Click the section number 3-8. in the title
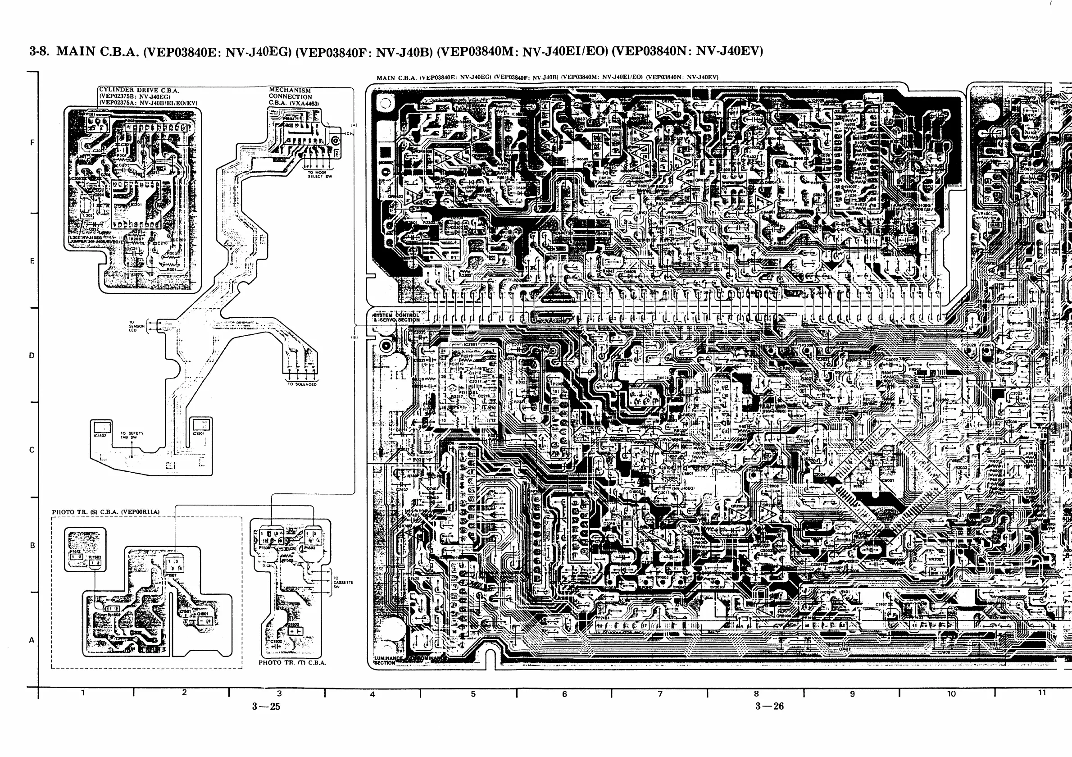click(39, 51)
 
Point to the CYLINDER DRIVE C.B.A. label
click(139, 90)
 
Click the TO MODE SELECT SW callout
click(319, 175)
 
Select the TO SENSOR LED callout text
click(133, 326)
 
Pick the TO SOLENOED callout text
click(302, 384)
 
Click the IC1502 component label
click(100, 435)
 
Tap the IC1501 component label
click(199, 433)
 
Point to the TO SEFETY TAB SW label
click(132, 435)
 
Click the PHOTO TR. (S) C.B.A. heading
click(105, 512)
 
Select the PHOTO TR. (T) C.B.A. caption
click(292, 662)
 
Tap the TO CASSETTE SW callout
click(343, 582)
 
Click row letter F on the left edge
click(32, 142)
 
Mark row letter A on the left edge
click(32, 640)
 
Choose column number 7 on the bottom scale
click(660, 694)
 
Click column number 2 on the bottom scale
click(184, 693)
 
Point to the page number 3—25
click(266, 707)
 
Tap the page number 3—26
click(769, 706)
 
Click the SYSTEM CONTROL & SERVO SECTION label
click(396, 318)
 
